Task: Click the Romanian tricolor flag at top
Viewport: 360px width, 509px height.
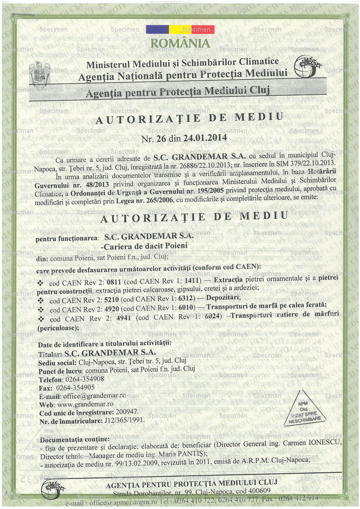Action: tap(180, 30)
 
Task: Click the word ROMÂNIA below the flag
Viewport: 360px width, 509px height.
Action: tap(180, 44)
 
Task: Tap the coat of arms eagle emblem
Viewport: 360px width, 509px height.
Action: tap(39, 74)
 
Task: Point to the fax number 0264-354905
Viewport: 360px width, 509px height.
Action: tap(75, 387)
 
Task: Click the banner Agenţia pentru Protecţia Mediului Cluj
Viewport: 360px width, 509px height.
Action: tap(177, 92)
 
